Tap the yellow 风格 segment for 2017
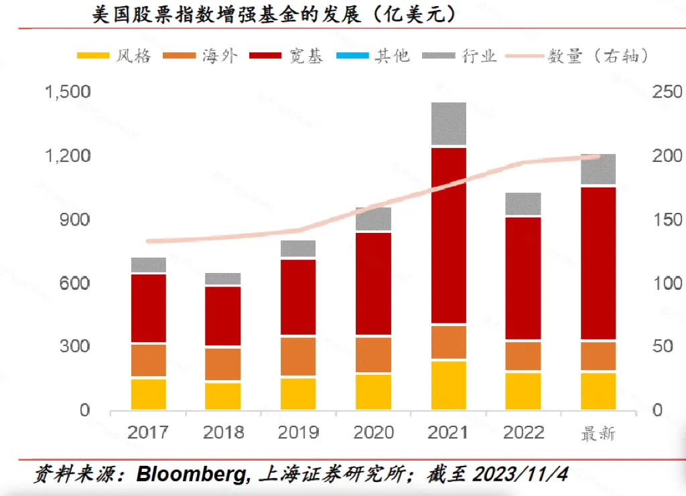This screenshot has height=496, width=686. [x=149, y=394]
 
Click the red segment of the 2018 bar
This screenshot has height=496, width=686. [x=223, y=316]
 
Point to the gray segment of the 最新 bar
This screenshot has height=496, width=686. [x=598, y=169]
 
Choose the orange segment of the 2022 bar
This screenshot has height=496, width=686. [x=523, y=355]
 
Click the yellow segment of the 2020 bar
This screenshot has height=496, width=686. [x=373, y=392]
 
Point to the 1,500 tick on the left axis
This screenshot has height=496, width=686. [x=67, y=92]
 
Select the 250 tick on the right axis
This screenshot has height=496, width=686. [x=667, y=92]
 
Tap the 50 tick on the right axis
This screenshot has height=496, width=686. [x=663, y=347]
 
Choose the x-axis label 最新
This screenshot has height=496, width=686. [x=598, y=433]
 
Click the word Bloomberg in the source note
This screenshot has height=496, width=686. [x=190, y=475]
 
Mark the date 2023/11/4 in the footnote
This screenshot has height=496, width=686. [x=520, y=475]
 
